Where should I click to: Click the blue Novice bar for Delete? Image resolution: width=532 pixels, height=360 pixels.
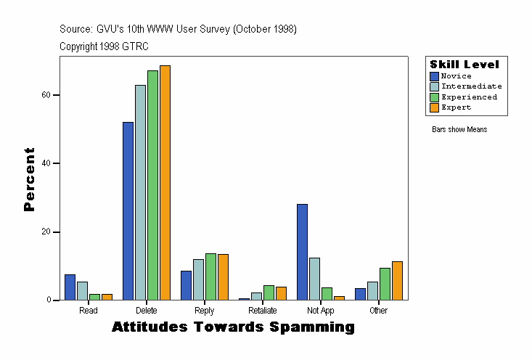coord(128,210)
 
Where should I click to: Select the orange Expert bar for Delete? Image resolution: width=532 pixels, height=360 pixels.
coord(165,182)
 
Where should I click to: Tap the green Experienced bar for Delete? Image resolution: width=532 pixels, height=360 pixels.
coord(152,185)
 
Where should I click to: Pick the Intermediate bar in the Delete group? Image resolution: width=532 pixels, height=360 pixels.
coord(140,192)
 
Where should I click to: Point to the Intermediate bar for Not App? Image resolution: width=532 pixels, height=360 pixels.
coord(314,279)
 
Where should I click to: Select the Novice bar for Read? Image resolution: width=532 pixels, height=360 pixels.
coord(70,287)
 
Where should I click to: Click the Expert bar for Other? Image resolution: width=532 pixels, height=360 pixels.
coord(397,280)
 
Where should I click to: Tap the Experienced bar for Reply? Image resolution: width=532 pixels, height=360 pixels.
coord(210,277)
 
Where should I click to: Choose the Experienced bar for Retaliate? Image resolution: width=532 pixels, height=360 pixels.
coord(269,292)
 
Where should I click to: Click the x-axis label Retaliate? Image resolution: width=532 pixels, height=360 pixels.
coord(262,311)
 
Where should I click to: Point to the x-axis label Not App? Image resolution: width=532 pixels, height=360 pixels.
coord(320,311)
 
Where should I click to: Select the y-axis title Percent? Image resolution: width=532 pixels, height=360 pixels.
coord(29,179)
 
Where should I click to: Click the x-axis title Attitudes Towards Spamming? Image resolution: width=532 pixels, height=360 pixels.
coord(233,327)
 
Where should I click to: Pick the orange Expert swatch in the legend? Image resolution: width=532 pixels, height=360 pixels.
coord(434,107)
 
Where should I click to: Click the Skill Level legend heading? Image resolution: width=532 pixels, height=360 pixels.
coord(465,65)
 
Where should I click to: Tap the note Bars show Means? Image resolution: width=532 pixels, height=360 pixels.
coord(459,130)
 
